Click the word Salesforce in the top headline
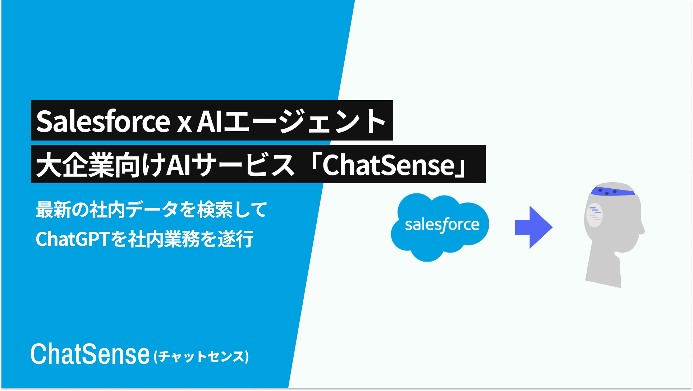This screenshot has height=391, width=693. point(103,121)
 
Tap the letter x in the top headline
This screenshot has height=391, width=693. point(184,124)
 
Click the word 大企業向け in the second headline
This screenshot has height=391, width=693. point(101,165)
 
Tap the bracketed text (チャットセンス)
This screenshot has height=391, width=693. point(201,356)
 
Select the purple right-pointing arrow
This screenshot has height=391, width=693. point(534,227)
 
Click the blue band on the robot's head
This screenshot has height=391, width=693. point(613,191)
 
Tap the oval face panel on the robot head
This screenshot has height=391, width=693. point(595,215)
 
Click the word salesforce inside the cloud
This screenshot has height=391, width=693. point(442,225)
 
